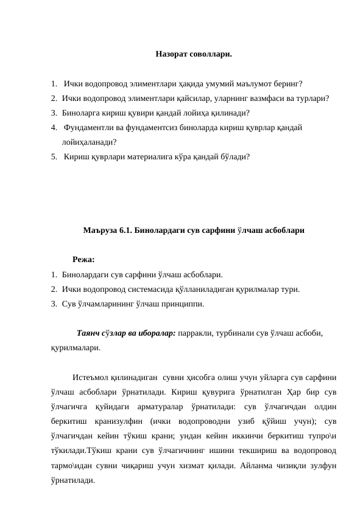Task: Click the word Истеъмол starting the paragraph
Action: [x=91, y=377]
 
